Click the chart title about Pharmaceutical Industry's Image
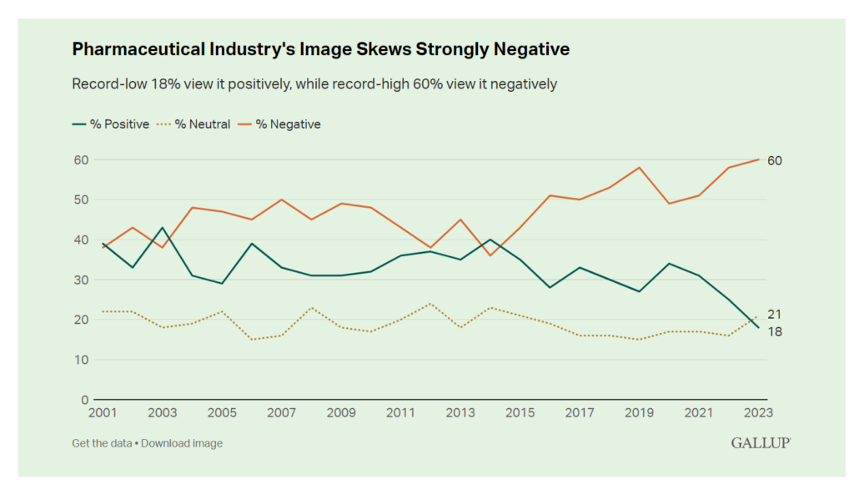pyautogui.click(x=321, y=49)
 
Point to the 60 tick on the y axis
pyautogui.click(x=80, y=159)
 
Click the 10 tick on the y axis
pyautogui.click(x=80, y=360)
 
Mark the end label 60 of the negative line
pyautogui.click(x=775, y=160)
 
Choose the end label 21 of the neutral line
pyautogui.click(x=774, y=314)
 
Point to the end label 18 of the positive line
pyautogui.click(x=774, y=332)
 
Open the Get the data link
pyautogui.click(x=102, y=443)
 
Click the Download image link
pyautogui.click(x=182, y=443)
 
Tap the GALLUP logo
pyautogui.click(x=761, y=443)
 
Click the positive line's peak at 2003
pyautogui.click(x=163, y=228)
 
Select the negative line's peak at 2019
pyautogui.click(x=639, y=168)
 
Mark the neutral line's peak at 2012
pyautogui.click(x=430, y=304)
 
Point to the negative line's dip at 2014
pyautogui.click(x=490, y=255)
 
